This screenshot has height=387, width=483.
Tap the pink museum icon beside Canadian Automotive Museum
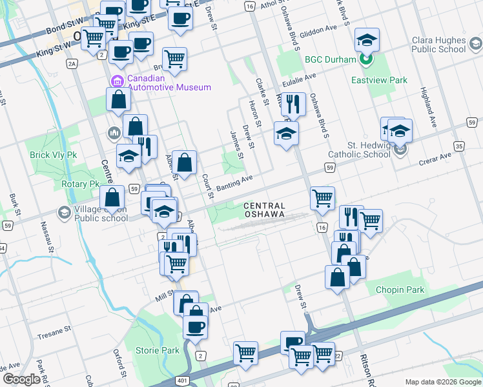118,81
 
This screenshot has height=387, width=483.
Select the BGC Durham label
331,60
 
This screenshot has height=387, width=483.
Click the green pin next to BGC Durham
366,60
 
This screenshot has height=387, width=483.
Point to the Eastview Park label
379,81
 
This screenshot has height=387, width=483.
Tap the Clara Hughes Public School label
438,44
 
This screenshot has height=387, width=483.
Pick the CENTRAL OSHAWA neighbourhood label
273,210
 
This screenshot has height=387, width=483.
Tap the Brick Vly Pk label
53,155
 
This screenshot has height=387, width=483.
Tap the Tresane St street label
54,330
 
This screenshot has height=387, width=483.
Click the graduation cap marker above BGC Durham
367,41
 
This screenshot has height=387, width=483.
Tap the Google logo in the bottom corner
21,379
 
